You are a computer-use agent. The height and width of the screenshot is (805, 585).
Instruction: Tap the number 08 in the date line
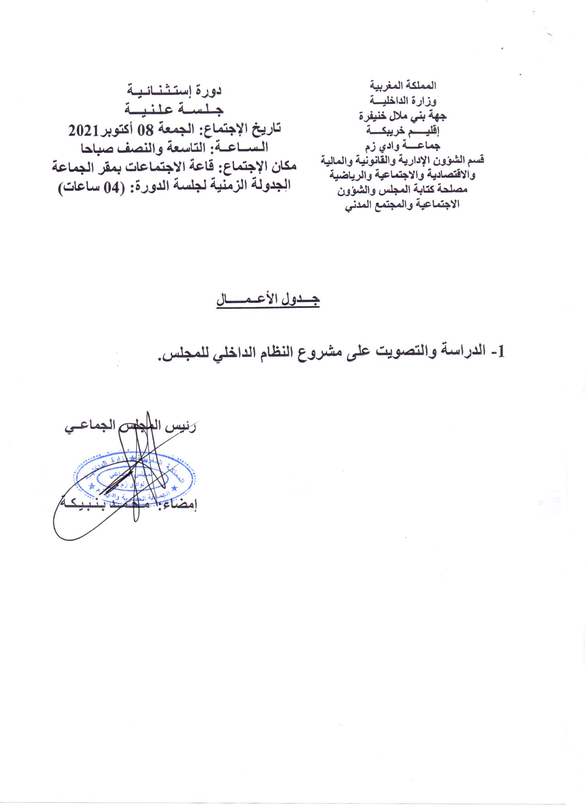click(146, 131)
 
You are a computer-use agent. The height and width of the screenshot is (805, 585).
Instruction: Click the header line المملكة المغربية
click(403, 86)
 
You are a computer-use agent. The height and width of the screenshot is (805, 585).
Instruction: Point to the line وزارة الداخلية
click(403, 101)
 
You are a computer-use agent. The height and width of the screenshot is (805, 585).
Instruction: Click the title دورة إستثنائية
click(174, 90)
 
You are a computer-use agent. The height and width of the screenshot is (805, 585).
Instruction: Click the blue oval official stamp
click(135, 475)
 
